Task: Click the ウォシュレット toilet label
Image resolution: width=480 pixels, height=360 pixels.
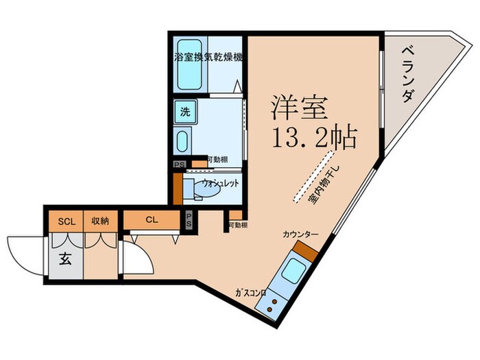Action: click(219, 183)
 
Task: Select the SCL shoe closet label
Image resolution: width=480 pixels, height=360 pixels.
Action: click(66, 221)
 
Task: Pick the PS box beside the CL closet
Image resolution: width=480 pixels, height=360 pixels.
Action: click(189, 220)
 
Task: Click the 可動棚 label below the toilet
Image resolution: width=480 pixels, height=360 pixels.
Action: click(239, 226)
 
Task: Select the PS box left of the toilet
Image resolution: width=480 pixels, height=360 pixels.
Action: click(178, 165)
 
